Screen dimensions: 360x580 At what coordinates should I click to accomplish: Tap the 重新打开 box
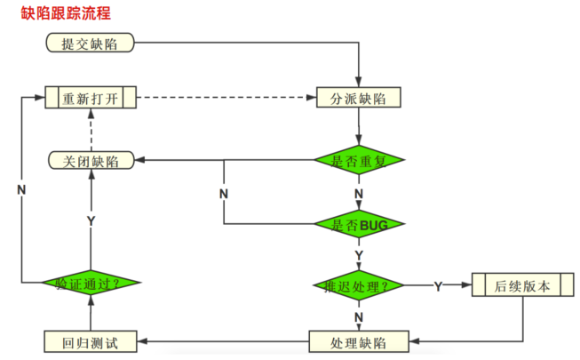pyautogui.click(x=91, y=97)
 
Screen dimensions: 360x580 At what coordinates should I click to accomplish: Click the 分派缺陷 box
pyautogui.click(x=359, y=97)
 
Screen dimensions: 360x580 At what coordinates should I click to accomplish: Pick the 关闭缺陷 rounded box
pyautogui.click(x=91, y=160)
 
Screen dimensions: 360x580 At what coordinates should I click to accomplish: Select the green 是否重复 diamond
pyautogui.click(x=359, y=160)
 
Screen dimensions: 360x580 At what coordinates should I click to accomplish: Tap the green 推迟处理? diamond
pyautogui.click(x=359, y=285)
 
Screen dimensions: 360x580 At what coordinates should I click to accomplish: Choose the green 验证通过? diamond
pyautogui.click(x=91, y=284)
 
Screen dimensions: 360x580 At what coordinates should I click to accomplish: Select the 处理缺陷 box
pyautogui.click(x=359, y=341)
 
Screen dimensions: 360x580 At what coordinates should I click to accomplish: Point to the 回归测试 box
pyautogui.click(x=91, y=341)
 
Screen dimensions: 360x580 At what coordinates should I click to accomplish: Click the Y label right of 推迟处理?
pyautogui.click(x=439, y=285)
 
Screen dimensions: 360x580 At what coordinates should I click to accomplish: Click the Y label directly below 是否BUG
pyautogui.click(x=359, y=254)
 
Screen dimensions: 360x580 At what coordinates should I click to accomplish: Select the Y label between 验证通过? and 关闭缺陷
pyautogui.click(x=91, y=220)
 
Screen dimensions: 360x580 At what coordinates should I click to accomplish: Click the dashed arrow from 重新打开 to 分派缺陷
pyautogui.click(x=226, y=97)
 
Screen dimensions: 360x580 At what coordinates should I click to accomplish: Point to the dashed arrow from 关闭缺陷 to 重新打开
pyautogui.click(x=91, y=129)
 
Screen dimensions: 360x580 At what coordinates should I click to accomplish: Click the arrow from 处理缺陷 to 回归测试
pyautogui.click(x=222, y=341)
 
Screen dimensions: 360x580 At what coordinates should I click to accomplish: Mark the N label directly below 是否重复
pyautogui.click(x=359, y=192)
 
